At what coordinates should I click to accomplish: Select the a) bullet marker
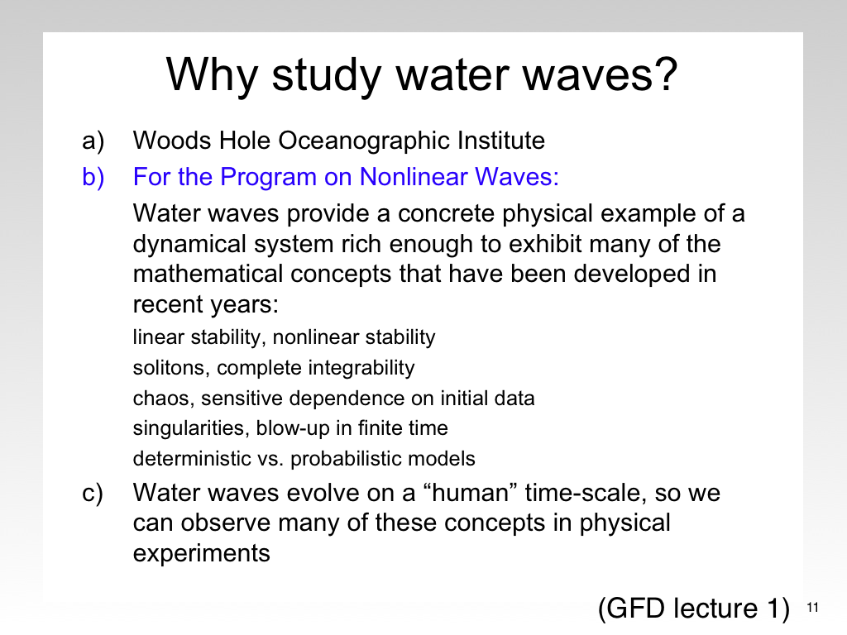pos(93,141)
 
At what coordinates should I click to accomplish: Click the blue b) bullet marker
pos(93,177)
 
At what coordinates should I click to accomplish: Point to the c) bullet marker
pos(93,494)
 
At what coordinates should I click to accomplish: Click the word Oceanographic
pos(364,141)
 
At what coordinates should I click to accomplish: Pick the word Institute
pos(501,141)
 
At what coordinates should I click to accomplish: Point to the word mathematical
pos(208,274)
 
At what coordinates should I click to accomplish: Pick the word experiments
pos(202,554)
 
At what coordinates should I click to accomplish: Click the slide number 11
pos(812,608)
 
